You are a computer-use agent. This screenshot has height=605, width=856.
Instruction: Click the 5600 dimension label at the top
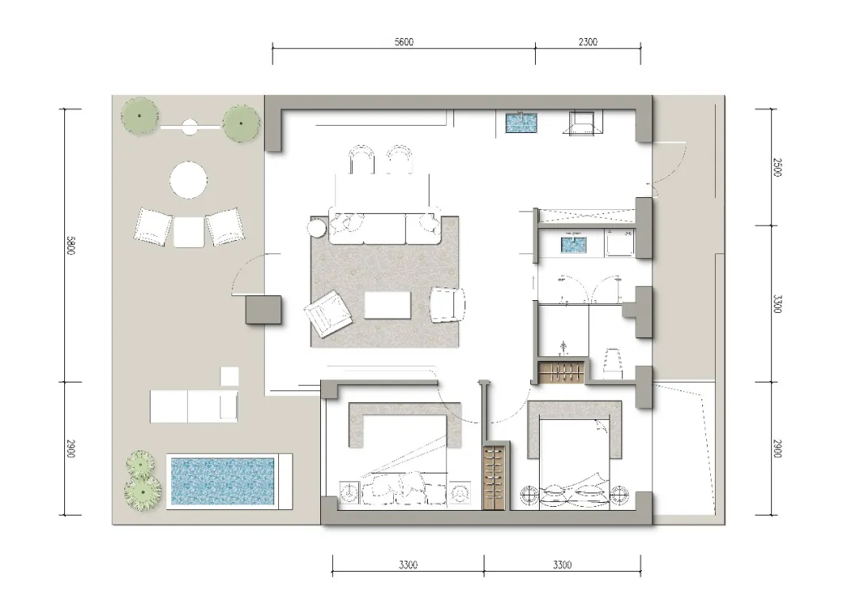404,42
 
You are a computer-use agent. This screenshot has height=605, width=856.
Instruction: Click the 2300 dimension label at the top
588,42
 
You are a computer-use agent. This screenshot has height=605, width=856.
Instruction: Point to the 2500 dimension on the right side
778,167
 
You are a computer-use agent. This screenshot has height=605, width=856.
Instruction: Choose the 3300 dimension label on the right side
778,304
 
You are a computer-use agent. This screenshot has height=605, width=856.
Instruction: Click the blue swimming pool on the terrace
223,481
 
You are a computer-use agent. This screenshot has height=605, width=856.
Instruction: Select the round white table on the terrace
189,181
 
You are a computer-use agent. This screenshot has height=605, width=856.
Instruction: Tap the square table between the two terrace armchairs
189,232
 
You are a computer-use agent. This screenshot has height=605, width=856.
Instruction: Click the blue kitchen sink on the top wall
522,123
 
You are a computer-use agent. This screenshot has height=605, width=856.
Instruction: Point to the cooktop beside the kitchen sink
583,123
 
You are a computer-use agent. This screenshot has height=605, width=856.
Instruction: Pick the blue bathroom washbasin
573,243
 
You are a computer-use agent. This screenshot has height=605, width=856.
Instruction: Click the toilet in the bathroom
613,362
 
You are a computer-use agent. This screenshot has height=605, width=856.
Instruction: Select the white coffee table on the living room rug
388,304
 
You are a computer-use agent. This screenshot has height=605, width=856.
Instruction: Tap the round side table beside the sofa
318,227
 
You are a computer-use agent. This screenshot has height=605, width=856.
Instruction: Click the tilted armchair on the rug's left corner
327,314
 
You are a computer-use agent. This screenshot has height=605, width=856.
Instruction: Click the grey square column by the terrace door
263,310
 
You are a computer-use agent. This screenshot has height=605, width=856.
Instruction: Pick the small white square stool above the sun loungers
229,376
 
